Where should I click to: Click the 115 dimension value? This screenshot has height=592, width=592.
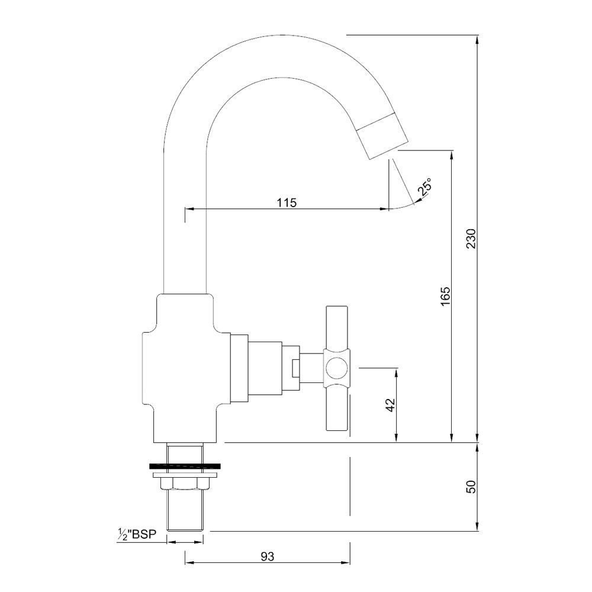coord(286,202)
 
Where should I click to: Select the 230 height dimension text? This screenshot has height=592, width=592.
coord(471,238)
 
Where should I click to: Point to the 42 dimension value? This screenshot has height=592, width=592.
coord(390,405)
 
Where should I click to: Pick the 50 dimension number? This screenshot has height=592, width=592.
coord(471,487)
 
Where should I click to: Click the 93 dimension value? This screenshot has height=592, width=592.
coord(268,556)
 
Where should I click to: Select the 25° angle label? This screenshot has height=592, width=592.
coord(424,188)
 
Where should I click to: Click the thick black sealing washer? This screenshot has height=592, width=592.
coord(185,465)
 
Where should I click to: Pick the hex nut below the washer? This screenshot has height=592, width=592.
coord(185,484)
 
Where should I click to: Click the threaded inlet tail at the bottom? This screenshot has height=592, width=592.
coord(185,510)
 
